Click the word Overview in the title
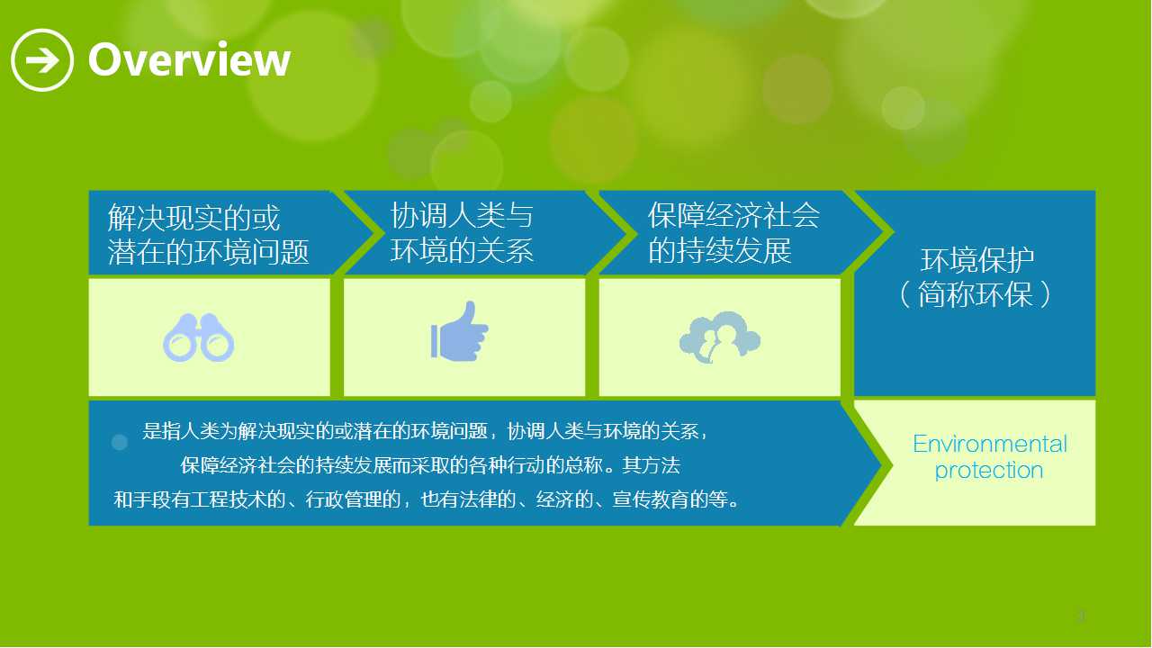189,60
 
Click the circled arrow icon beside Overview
42,60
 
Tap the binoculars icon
199,337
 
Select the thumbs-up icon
459,331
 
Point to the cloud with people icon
719,337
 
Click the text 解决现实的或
193,218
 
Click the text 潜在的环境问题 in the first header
208,252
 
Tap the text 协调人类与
462,215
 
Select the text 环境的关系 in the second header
462,250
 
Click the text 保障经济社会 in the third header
733,215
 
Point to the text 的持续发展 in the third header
719,250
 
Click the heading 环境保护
977,260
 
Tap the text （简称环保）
975,294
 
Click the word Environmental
989,444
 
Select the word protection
988,471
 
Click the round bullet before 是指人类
120,442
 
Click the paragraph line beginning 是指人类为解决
425,431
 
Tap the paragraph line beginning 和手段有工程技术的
427,499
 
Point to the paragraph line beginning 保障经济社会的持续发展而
430,465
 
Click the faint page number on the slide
1081,616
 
